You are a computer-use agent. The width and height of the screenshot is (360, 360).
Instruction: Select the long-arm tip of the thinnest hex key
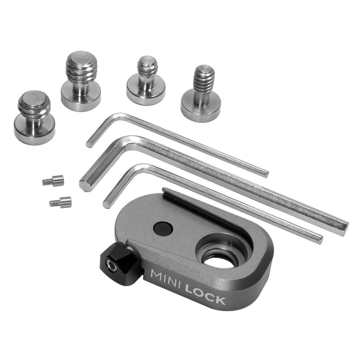click(267, 173)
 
